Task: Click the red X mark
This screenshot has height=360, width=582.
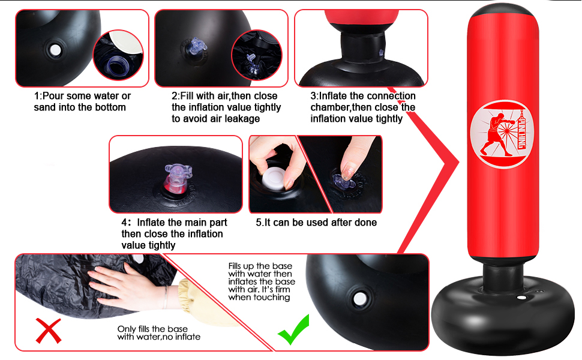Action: (49, 331)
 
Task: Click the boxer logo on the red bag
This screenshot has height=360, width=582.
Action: (502, 134)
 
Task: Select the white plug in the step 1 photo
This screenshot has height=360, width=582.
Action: (55, 50)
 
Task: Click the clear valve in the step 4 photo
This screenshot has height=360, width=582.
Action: (177, 178)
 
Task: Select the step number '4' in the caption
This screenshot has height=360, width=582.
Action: (124, 223)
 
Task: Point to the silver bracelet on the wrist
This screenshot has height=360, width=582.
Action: (166, 297)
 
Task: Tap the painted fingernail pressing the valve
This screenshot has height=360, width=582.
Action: (348, 173)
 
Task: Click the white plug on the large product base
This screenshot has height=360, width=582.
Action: (522, 298)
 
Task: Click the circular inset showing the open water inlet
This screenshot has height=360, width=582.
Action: (118, 55)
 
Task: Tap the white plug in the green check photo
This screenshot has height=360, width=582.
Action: (359, 299)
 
